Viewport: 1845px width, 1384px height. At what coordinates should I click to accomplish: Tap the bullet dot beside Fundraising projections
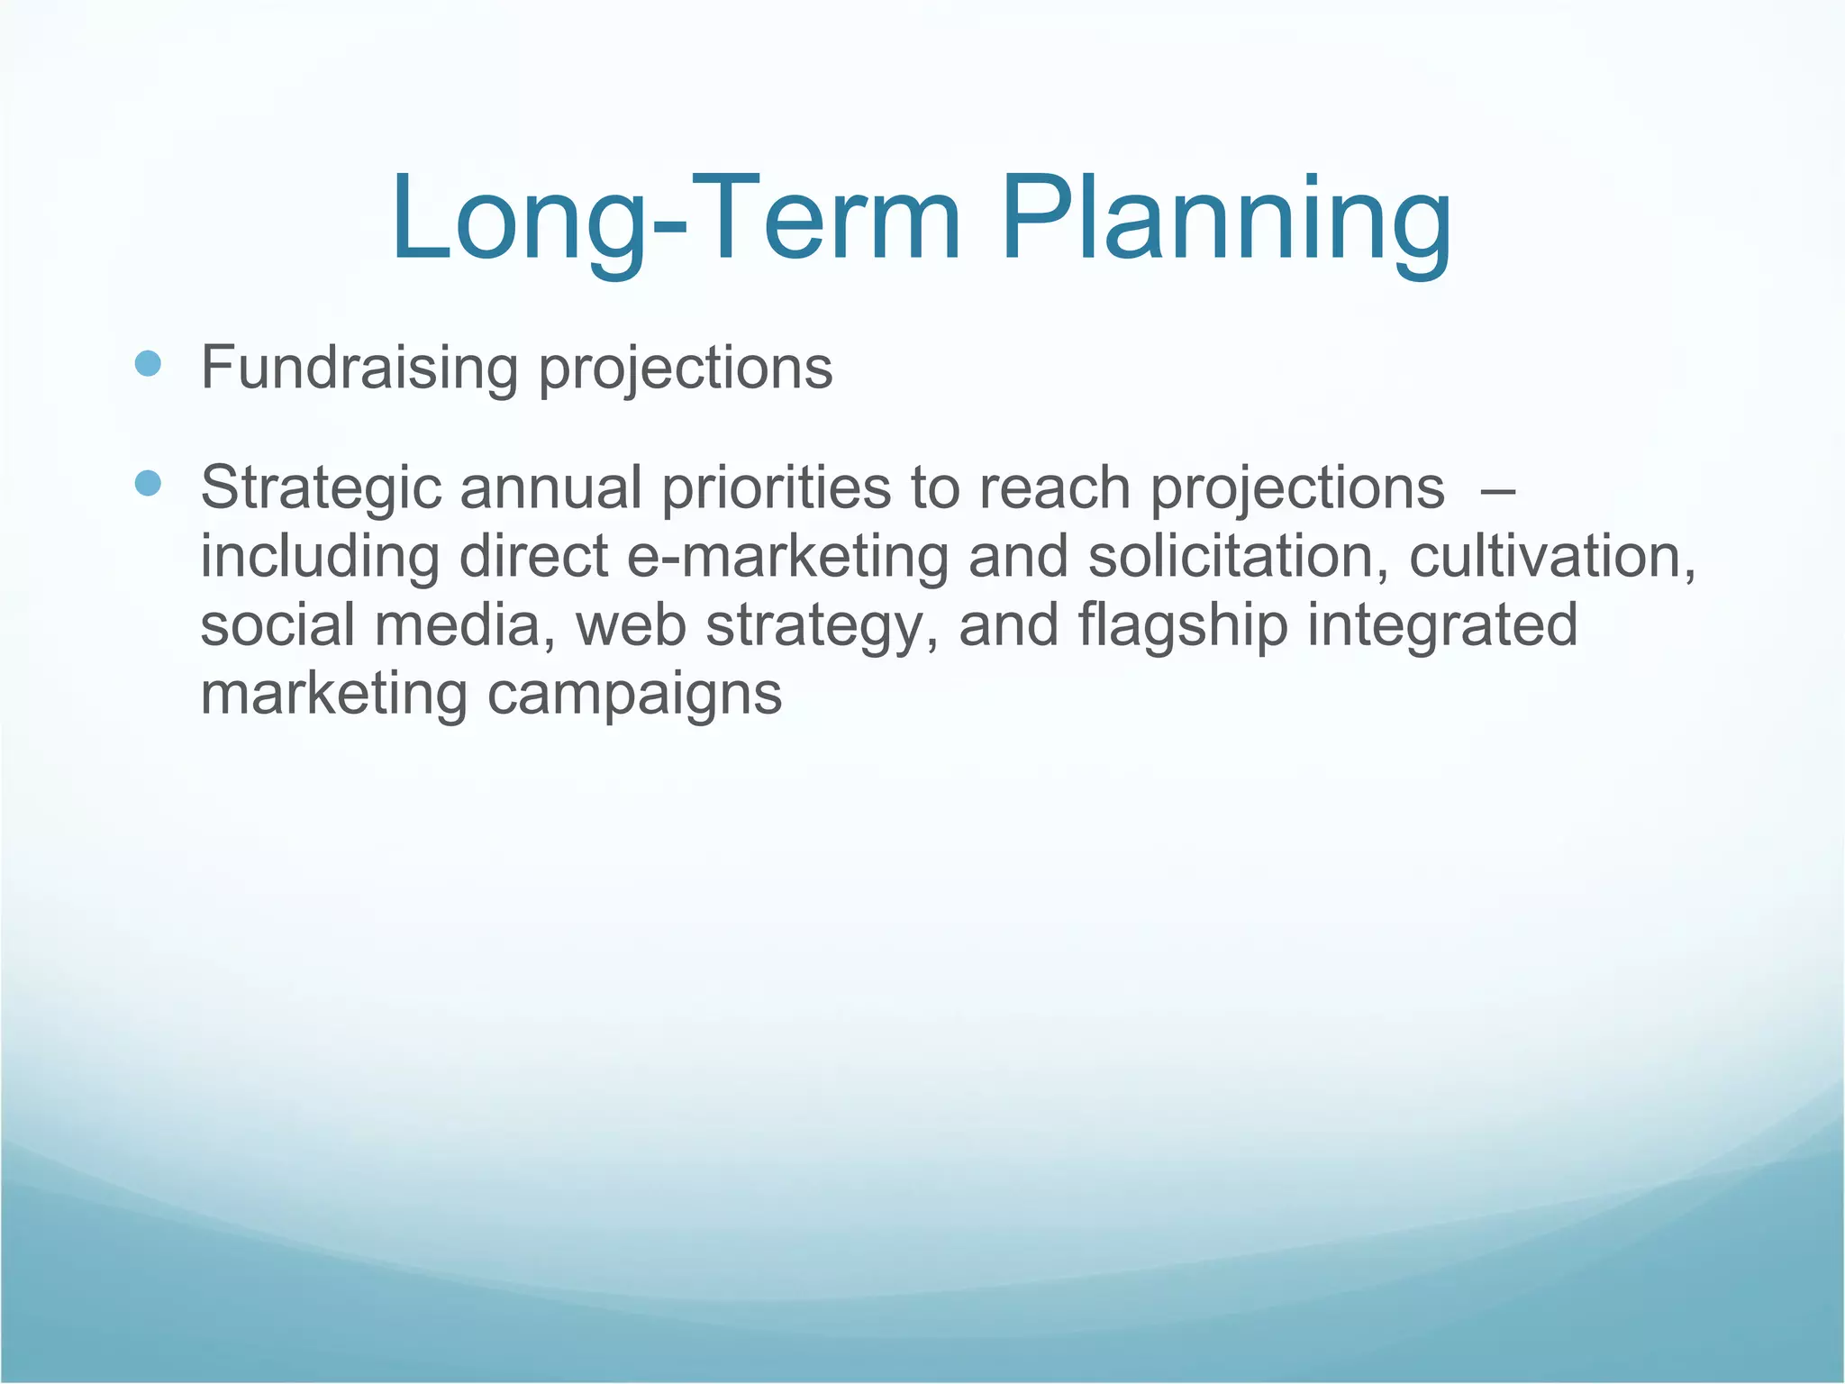[x=147, y=364]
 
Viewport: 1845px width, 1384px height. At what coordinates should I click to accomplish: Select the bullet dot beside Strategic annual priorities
[x=147, y=484]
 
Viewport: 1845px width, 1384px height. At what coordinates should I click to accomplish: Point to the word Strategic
[x=321, y=489]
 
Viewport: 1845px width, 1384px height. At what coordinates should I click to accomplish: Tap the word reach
[x=1054, y=489]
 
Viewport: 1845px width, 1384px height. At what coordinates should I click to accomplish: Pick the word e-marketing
[x=786, y=558]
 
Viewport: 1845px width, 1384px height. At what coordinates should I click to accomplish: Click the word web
[x=631, y=626]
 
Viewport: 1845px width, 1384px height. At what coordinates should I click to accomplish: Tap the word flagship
[x=1183, y=626]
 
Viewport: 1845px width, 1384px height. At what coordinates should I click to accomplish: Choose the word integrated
[x=1442, y=626]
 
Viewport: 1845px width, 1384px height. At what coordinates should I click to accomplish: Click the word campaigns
[x=634, y=695]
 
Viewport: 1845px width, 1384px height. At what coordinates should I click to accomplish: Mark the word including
[x=320, y=558]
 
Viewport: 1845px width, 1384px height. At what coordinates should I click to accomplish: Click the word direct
[x=533, y=558]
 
